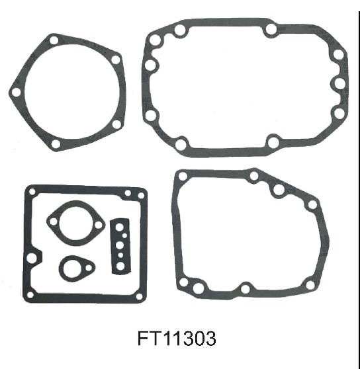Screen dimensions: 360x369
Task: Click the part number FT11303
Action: tap(177, 338)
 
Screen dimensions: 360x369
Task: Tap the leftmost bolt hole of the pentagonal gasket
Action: tap(17, 92)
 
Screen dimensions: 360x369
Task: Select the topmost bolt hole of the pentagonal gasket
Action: tap(54, 40)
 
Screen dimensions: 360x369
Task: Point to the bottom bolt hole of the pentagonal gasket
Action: tap(56, 143)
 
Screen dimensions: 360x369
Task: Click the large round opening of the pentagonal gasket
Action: tap(74, 92)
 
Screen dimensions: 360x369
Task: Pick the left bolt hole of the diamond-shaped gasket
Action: tap(54, 222)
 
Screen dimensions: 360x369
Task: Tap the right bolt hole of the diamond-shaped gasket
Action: tap(99, 225)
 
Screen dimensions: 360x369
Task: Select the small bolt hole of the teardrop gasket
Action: tap(89, 268)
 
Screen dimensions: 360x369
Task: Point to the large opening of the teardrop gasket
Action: tap(70, 268)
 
